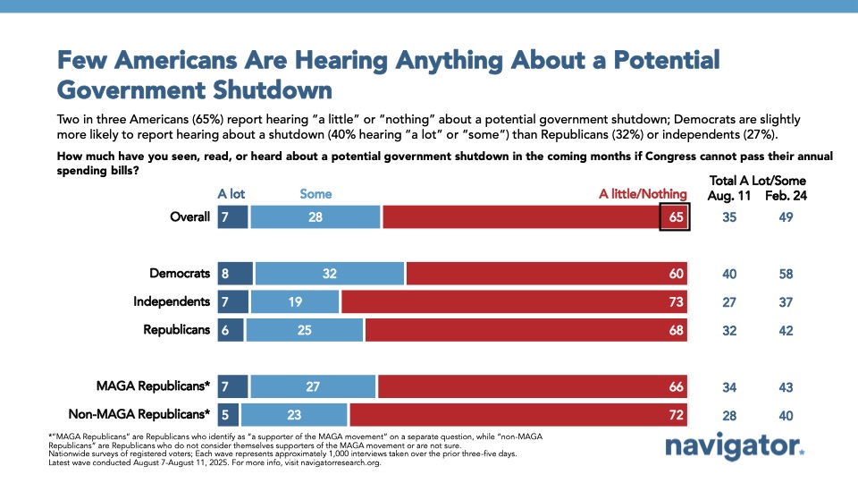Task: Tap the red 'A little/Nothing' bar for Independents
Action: click(514, 301)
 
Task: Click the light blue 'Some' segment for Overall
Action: click(315, 216)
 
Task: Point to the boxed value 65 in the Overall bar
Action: click(674, 216)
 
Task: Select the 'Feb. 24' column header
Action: click(786, 195)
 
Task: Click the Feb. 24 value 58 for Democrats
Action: click(786, 275)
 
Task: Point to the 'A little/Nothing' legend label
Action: click(643, 193)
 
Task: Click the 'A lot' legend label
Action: click(231, 193)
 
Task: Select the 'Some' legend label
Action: click(315, 193)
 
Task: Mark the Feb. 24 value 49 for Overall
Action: click(786, 217)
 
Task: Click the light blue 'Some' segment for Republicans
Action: click(305, 329)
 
